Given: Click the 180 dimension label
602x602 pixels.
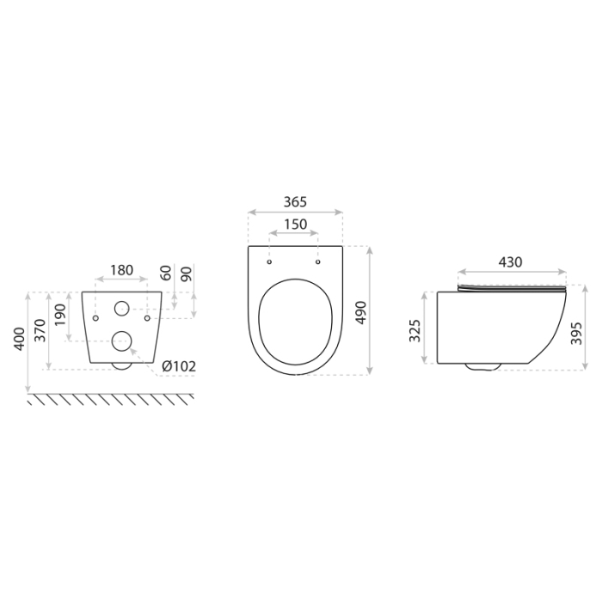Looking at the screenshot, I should [121, 270].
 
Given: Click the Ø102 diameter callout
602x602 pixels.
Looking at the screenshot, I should [180, 365].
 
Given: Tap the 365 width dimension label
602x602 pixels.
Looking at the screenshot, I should [295, 203].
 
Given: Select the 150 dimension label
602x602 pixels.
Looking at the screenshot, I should [294, 224].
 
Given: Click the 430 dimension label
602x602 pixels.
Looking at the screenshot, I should [511, 263].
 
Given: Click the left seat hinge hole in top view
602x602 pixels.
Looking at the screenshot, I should [270, 261].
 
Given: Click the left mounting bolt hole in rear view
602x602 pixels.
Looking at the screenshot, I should [96, 318].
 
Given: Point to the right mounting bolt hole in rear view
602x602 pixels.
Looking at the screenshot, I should [148, 318].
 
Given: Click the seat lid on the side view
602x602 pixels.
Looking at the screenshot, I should [511, 287].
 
